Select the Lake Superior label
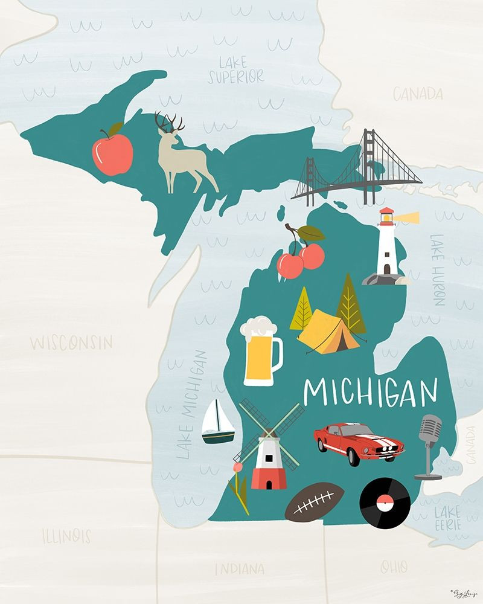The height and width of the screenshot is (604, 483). coord(236,71)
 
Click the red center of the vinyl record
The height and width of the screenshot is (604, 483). coord(385,501)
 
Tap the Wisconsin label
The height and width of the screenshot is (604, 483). coord(71,343)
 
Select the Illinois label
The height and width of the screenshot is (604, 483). coord(66,535)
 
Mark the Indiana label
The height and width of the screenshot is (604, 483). coord(239,568)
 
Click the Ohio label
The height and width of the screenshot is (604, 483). coord(393,567)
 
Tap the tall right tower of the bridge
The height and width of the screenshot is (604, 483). coord(368,163)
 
